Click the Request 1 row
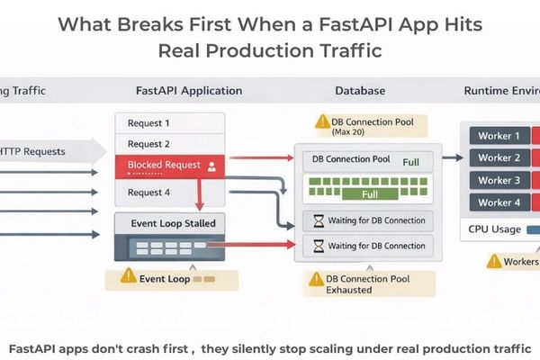tap(172, 123)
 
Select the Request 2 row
tap(172, 144)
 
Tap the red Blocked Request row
tap(172, 166)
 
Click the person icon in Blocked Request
tap(211, 166)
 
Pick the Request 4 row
tap(172, 192)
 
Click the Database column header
tap(360, 91)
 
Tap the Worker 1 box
tap(499, 136)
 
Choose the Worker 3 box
tap(499, 180)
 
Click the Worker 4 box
tap(499, 202)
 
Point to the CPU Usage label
tap(495, 229)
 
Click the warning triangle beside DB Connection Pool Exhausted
tap(314, 280)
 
